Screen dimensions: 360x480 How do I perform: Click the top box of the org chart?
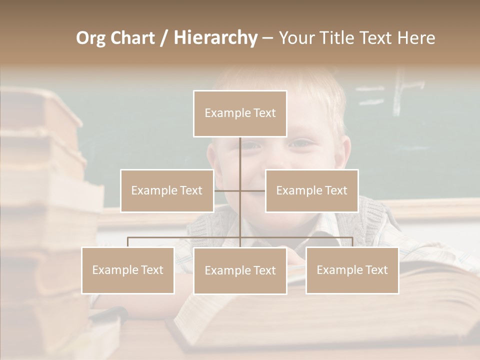point(240,113)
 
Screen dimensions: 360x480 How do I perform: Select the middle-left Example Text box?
point(167,190)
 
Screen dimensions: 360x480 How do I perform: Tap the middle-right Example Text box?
point(311,190)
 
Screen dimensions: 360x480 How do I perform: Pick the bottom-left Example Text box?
point(127,270)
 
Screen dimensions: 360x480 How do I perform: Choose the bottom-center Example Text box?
point(240,270)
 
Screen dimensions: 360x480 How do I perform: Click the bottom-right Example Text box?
point(352,270)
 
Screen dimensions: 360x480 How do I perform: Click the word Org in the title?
point(91,38)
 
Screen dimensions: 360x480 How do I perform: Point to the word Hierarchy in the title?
point(215,38)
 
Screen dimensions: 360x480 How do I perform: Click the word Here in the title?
point(416,38)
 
